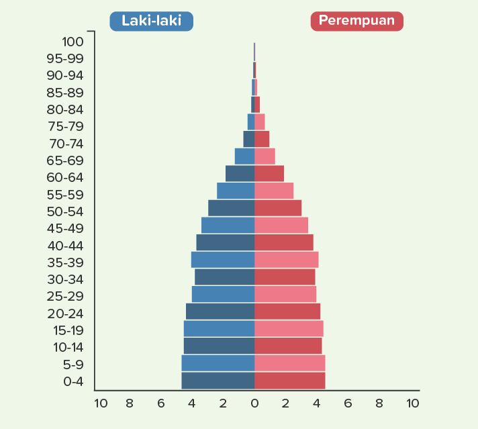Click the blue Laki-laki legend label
151,21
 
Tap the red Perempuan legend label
356,21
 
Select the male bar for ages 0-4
218,381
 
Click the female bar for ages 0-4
289,381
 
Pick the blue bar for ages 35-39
222,260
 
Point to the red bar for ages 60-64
269,174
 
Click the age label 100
72,42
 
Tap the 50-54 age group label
65,211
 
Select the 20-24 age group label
65,314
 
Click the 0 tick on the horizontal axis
254,403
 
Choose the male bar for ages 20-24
220,312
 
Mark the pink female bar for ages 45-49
281,226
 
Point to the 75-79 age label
65,126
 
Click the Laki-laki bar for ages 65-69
244,156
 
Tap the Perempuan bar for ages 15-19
289,329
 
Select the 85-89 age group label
65,93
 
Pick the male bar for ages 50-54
231,208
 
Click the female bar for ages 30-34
285,277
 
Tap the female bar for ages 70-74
262,139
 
